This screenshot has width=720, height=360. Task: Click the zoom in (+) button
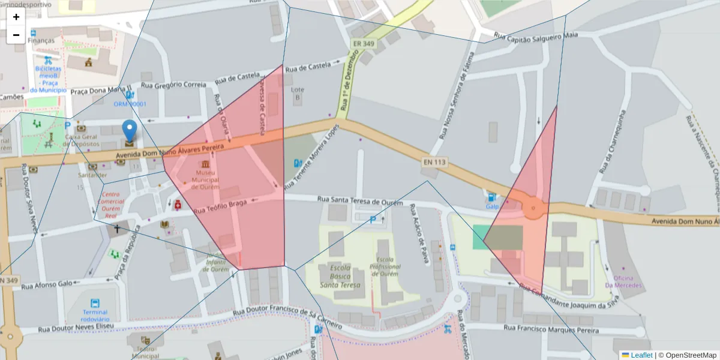[x=16, y=17]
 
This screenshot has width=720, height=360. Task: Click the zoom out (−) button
[x=16, y=35]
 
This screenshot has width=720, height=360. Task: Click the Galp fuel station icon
[x=492, y=197]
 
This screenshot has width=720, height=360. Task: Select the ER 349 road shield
[x=364, y=44]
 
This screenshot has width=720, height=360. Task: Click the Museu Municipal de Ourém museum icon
[x=206, y=164]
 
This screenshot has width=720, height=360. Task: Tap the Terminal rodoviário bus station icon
[x=95, y=303]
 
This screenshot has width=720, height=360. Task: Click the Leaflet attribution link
[x=641, y=355]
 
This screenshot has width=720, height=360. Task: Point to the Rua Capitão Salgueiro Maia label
[x=535, y=37]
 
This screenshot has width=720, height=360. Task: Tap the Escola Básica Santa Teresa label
[x=345, y=277]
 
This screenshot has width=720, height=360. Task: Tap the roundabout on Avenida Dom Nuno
[x=532, y=208]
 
